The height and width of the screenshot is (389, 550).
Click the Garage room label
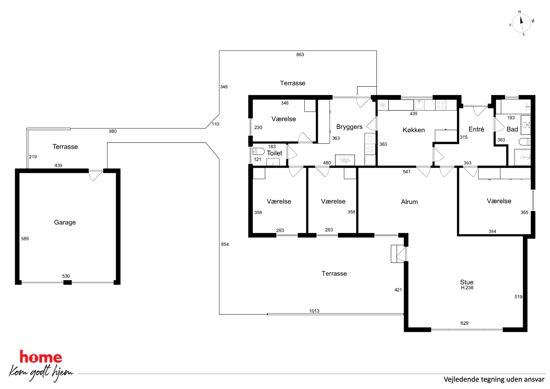click(65, 222)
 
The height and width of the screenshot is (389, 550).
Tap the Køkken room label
click(414, 130)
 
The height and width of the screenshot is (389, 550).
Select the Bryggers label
click(349, 127)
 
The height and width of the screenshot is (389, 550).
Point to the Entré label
click(476, 129)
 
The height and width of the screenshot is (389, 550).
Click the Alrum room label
click(409, 202)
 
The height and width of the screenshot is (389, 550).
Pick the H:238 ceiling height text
click(467, 288)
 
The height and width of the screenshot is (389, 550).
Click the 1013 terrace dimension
click(314, 311)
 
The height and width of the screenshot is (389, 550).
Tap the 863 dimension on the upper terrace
click(300, 55)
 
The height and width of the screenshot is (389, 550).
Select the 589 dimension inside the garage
click(25, 239)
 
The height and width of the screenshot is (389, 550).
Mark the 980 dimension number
click(113, 131)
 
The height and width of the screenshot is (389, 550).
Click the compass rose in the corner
click(521, 23)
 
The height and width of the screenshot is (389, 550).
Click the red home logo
click(41, 357)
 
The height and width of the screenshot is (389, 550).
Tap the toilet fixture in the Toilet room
click(258, 151)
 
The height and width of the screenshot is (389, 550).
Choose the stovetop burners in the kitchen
click(441, 105)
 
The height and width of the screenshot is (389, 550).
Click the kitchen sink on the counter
click(419, 105)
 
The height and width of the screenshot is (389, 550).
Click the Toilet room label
click(274, 153)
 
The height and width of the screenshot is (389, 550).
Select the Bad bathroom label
click(512, 129)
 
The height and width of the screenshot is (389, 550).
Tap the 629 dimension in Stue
click(464, 323)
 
